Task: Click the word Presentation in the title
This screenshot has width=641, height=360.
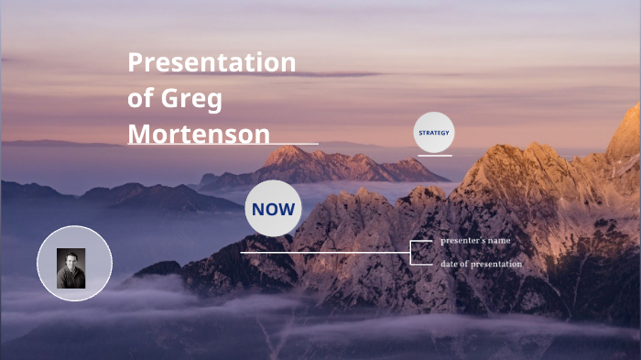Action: point(212,62)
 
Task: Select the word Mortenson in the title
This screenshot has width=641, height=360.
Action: point(199,134)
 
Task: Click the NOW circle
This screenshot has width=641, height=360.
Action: point(273,209)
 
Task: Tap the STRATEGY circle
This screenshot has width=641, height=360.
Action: point(433,133)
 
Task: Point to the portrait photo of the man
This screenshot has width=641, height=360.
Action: point(71,268)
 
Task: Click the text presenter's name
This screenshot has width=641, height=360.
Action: point(474,241)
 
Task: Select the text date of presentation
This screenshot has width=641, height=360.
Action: point(481,264)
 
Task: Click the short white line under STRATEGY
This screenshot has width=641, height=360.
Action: point(435,156)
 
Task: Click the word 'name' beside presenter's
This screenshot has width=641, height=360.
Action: point(498,241)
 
